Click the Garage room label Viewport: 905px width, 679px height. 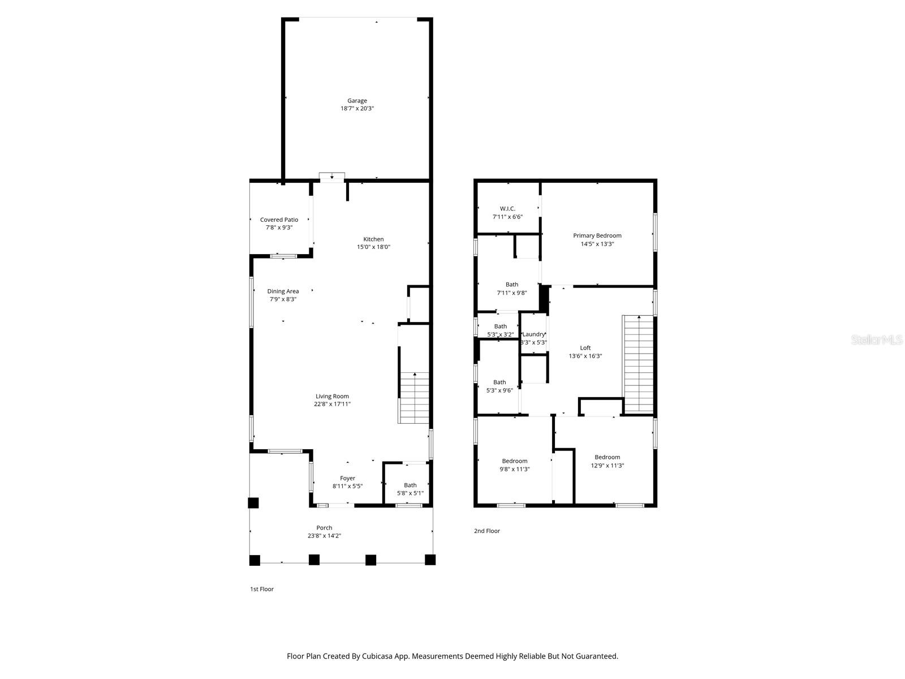click(x=357, y=101)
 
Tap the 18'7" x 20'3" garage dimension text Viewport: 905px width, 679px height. click(x=357, y=109)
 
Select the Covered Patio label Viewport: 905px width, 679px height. click(x=279, y=220)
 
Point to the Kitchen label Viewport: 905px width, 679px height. click(x=373, y=239)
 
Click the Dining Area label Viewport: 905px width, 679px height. click(x=283, y=291)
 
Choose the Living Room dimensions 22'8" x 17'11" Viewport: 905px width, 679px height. click(x=333, y=404)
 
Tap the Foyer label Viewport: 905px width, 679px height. click(x=347, y=478)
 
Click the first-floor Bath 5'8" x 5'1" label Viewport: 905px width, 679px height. click(x=410, y=485)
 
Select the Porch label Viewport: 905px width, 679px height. click(x=324, y=527)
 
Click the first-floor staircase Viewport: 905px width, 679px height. click(x=415, y=398)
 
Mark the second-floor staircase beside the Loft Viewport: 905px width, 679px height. click(x=638, y=363)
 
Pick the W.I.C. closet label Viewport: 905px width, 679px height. click(x=507, y=208)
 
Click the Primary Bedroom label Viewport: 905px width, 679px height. click(x=597, y=235)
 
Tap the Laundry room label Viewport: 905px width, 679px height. click(x=533, y=334)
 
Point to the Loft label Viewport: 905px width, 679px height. click(x=585, y=347)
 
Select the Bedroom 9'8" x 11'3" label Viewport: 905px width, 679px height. click(x=515, y=461)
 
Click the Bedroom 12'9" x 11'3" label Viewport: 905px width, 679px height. click(x=607, y=457)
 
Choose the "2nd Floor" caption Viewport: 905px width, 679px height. click(x=487, y=531)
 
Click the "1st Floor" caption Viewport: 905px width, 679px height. click(x=262, y=589)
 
